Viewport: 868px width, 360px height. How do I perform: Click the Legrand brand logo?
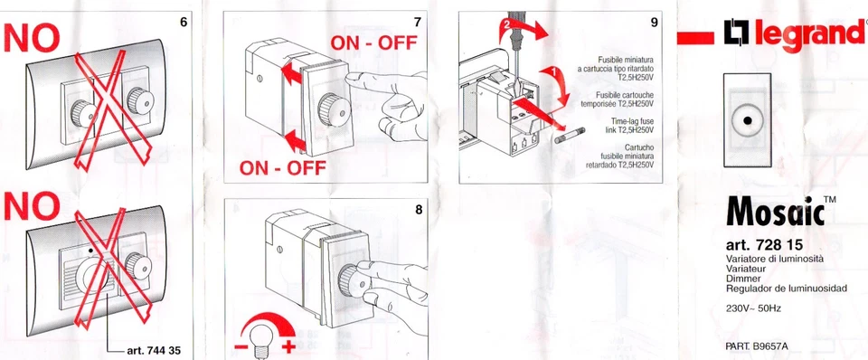(x=795, y=35)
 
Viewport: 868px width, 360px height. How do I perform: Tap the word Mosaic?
(x=775, y=211)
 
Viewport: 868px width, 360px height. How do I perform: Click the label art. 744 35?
(x=154, y=351)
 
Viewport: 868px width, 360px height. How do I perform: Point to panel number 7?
(x=418, y=23)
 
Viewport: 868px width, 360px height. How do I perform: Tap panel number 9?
(x=655, y=23)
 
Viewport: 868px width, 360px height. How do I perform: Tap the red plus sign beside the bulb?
(x=288, y=347)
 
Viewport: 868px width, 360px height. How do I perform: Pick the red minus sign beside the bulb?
(x=241, y=347)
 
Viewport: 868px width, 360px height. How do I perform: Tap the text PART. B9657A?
(x=757, y=346)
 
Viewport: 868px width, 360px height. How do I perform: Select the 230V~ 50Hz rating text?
(x=753, y=308)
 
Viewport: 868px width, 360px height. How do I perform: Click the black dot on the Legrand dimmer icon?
(x=748, y=120)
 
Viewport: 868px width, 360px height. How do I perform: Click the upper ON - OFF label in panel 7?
(x=373, y=43)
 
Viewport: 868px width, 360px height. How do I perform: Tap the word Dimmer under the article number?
(x=741, y=279)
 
